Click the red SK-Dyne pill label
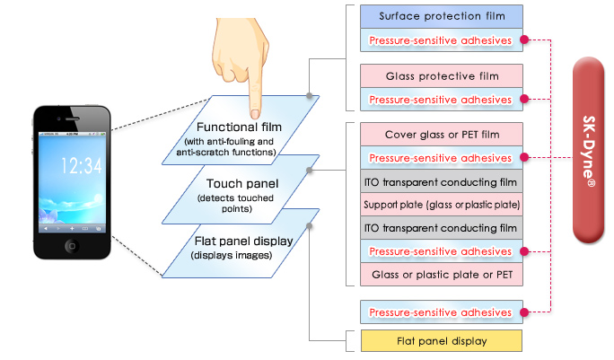pyautogui.click(x=589, y=143)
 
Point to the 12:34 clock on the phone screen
pyautogui.click(x=81, y=165)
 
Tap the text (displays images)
pyautogui.click(x=232, y=256)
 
